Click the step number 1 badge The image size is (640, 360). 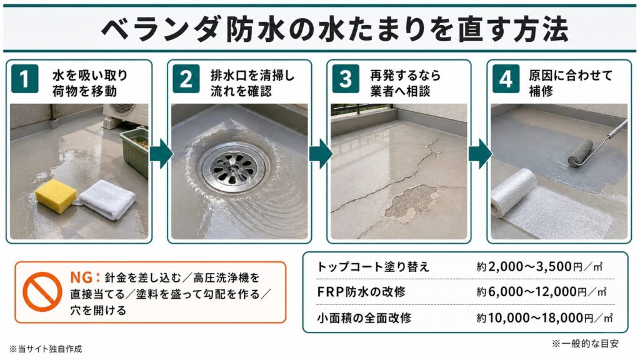pos(24,79)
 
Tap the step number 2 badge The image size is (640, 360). pos(186,79)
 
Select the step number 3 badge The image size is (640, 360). pos(345,79)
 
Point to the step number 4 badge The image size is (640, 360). pos(505,79)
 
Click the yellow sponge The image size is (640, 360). pos(56,196)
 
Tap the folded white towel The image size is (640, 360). pos(107,199)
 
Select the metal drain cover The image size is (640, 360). pos(233,168)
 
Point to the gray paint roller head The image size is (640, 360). pos(580,154)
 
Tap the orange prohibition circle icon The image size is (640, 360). pos(42,292)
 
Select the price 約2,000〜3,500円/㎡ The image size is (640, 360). pos(539,267)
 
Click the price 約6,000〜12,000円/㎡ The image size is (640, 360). pos(541,292)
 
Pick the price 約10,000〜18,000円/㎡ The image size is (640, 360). pos(544,317)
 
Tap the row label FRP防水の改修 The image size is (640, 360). pos(361,292)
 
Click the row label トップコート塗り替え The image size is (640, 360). pos(373,267)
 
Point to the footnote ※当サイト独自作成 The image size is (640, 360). pos(45,349)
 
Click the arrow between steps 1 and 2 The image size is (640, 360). pos(161,154)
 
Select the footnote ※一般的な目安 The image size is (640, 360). pos(585,344)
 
